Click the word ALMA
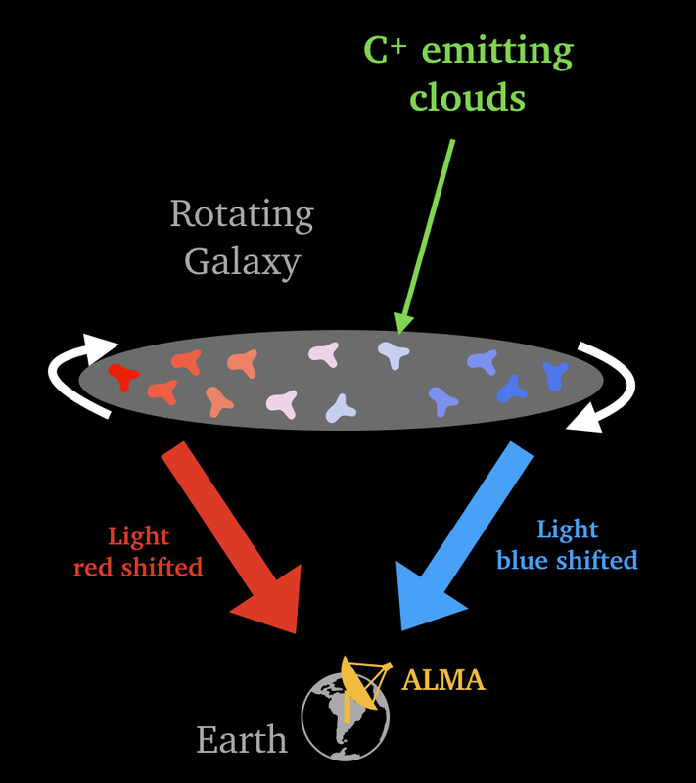coord(443,678)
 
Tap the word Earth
coord(242,739)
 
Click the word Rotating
coord(242,213)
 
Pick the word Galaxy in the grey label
coord(242,261)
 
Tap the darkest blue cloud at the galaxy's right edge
coord(556,374)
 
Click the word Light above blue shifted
coord(567,530)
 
